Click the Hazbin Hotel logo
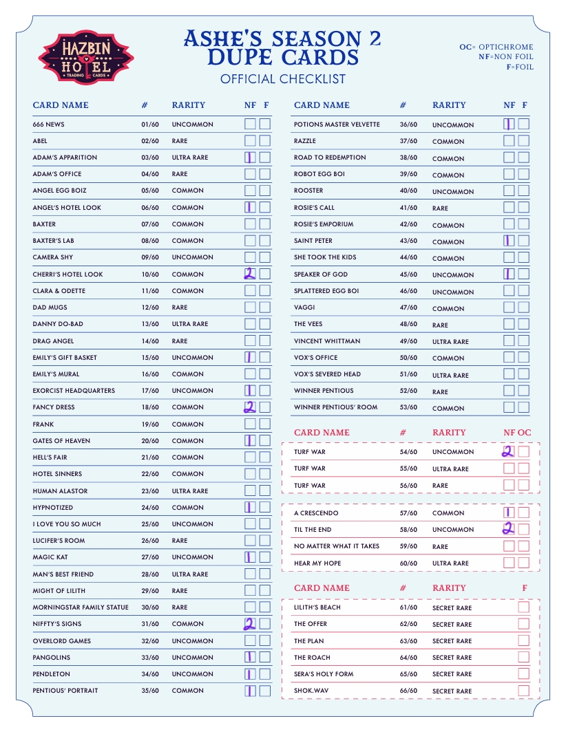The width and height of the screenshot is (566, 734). coord(86,57)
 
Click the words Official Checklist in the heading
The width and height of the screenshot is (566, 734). coord(282,79)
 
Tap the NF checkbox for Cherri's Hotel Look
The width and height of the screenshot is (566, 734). coord(250,274)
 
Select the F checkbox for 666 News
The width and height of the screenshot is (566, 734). coord(265,124)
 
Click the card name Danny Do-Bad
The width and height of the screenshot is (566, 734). coord(58,324)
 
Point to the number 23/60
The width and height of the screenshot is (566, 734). coord(150,491)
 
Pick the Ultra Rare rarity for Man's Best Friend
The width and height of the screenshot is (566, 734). coord(190,574)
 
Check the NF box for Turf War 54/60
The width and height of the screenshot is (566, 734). coord(509,452)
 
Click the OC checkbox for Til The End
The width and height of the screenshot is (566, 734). coord(524,530)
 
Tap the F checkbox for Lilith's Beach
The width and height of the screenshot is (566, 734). coord(524,607)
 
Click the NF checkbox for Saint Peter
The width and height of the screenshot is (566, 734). coord(509,241)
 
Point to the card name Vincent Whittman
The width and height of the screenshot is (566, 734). coord(327,341)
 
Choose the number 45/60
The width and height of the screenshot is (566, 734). coord(408,274)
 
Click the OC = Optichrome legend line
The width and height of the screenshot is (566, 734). coord(496,47)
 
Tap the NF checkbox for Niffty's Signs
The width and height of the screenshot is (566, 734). coord(250,624)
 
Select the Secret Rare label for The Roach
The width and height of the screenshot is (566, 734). coord(452,658)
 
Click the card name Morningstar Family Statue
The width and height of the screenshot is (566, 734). coord(81,607)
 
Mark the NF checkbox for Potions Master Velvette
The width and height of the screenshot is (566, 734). coord(509,124)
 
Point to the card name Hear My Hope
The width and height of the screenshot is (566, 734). coord(317,563)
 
